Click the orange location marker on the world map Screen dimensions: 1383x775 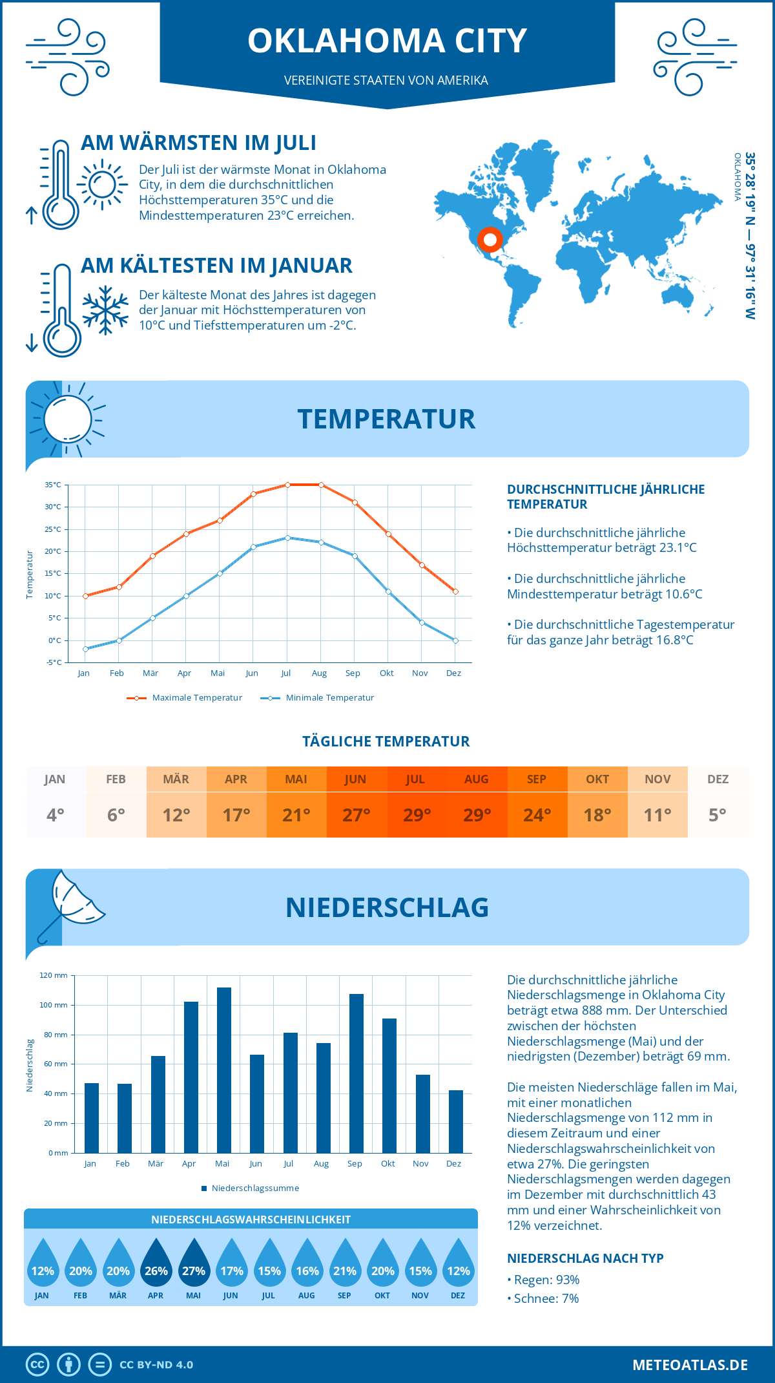point(490,240)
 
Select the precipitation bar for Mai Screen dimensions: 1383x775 point(224,1070)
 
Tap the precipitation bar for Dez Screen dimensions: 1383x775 point(456,1121)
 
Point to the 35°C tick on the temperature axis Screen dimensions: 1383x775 point(53,485)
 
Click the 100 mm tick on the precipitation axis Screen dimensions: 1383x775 point(54,1005)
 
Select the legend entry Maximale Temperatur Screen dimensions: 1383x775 point(185,697)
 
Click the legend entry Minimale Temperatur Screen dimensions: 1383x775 point(318,697)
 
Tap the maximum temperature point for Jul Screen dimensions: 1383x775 point(287,485)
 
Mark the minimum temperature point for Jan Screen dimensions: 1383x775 point(85,649)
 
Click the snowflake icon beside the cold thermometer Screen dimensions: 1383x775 point(105,310)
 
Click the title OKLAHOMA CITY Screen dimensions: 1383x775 point(387,41)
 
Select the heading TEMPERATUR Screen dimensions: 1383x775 point(386,419)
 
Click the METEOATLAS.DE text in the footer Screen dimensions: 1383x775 point(690,1365)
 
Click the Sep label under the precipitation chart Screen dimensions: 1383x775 point(355,1163)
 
